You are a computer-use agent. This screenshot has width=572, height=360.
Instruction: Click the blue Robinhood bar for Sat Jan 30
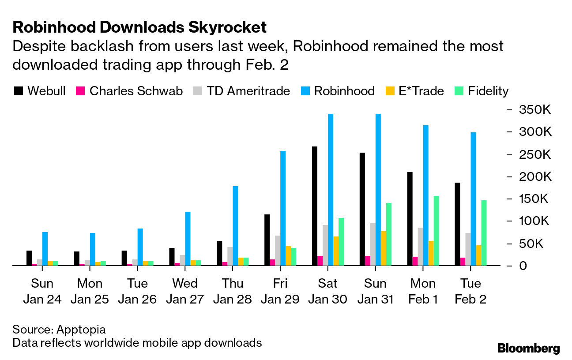tap(331, 190)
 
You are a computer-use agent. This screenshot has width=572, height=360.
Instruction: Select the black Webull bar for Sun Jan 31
tap(362, 209)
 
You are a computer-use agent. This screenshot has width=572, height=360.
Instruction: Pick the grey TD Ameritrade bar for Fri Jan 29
tap(278, 250)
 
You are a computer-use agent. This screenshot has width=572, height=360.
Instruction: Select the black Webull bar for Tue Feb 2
tap(458, 224)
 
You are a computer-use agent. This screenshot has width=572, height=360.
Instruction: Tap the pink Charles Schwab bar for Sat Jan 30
tap(320, 261)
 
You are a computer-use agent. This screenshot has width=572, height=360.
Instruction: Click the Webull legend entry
tap(40, 91)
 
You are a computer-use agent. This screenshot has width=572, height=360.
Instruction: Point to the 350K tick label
tap(535, 110)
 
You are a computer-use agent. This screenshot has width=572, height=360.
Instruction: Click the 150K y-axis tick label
tap(535, 199)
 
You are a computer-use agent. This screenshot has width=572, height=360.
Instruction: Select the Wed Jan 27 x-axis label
tap(185, 291)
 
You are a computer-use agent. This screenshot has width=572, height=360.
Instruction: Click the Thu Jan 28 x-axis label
tap(233, 291)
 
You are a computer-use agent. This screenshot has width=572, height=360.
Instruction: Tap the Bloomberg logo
tap(528, 348)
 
